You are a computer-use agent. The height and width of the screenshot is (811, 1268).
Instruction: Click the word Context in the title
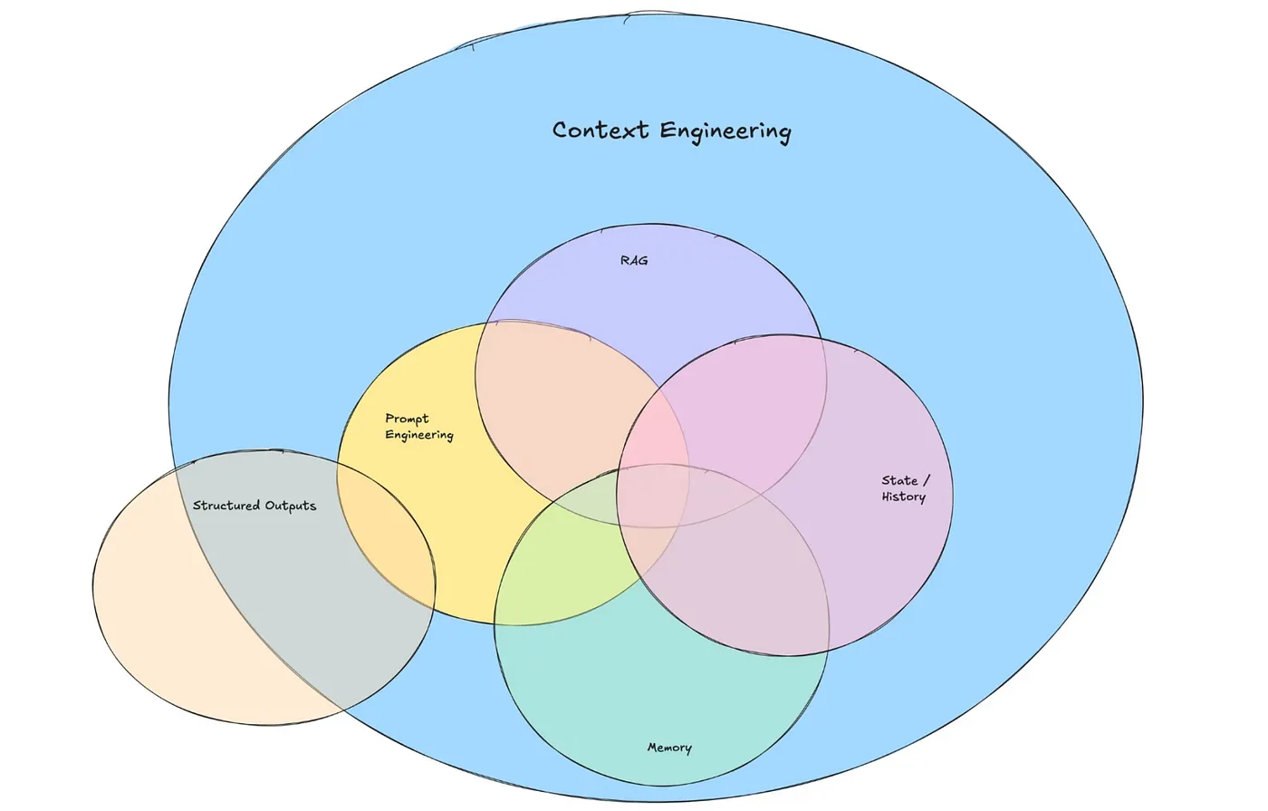pos(600,130)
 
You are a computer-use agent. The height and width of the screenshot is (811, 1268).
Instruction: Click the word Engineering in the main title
pos(725,132)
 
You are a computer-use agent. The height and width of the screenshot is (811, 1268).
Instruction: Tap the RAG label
pos(634,261)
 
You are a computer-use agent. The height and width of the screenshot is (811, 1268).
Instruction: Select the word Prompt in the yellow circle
pos(407,419)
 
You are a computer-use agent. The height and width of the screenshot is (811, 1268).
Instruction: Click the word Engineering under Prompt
pos(418,436)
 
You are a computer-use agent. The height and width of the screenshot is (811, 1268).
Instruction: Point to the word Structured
pos(226,506)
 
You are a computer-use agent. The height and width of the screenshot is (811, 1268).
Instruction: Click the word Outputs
pos(291,506)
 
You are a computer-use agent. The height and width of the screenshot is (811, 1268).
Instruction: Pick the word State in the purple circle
pos(899,480)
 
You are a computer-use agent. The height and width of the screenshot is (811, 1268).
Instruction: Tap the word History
pos(903,497)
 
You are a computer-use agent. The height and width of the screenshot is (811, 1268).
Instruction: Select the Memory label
pos(669,748)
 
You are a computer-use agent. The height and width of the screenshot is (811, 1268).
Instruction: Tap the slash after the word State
pos(926,480)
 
